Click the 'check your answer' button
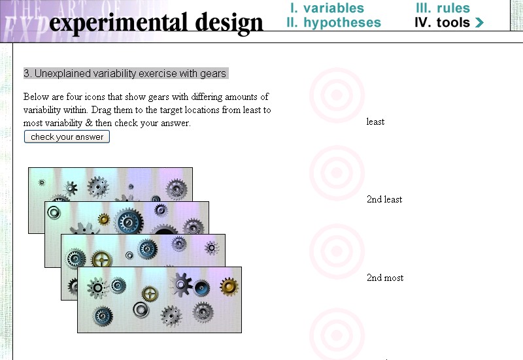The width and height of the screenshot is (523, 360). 67,137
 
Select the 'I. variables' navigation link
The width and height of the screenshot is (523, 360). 327,8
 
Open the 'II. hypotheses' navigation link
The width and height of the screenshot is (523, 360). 333,23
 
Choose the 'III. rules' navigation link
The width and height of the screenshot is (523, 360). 443,8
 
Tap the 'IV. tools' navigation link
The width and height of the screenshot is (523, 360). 443,23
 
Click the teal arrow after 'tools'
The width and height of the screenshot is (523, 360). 479,23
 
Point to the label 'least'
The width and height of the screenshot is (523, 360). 375,122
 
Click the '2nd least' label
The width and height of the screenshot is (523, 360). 384,199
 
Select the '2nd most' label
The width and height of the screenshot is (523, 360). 385,278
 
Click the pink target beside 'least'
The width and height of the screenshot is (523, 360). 337,95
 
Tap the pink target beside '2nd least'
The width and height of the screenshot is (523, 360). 337,172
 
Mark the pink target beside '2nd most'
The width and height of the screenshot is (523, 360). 337,252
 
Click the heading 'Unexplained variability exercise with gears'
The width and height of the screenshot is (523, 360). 130,73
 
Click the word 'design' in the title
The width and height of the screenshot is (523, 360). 229,23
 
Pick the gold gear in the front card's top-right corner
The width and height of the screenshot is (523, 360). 229,287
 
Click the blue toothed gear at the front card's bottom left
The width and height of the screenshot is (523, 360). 103,316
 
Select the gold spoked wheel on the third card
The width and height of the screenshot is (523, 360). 101,259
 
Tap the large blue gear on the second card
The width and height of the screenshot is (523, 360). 128,221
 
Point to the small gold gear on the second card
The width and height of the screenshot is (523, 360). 104,220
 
